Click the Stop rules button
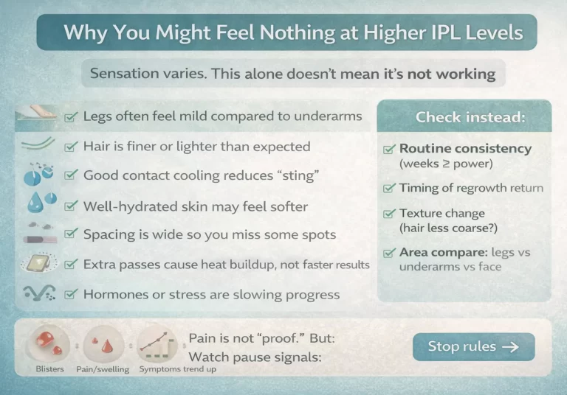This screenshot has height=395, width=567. (x=473, y=346)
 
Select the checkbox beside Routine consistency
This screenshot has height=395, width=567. (x=388, y=150)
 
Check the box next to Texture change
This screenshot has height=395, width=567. (x=388, y=214)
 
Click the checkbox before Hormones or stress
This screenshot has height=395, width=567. (x=71, y=295)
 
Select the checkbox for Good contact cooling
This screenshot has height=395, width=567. (x=71, y=175)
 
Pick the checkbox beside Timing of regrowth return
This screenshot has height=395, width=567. (x=388, y=189)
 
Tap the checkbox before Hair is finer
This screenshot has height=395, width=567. (x=71, y=147)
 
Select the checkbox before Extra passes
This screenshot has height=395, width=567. (x=71, y=265)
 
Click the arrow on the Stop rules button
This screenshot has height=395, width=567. (x=510, y=346)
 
